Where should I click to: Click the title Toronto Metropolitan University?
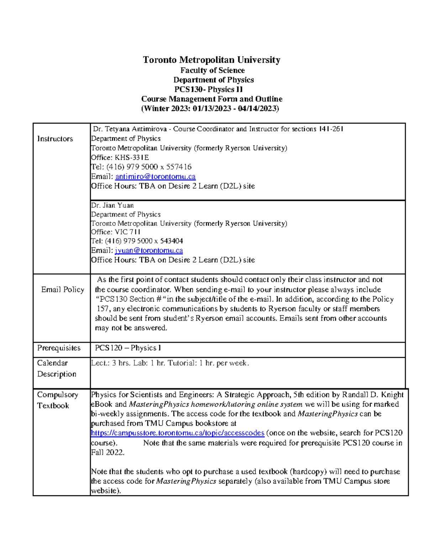(211, 60)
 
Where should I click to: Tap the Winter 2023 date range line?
(210, 109)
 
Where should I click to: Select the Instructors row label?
(55, 139)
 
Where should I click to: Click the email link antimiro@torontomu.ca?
(155, 177)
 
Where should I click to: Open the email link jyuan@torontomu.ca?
(149, 251)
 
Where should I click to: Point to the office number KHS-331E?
(131, 157)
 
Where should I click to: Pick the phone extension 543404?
(172, 241)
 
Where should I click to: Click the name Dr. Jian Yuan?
(112, 205)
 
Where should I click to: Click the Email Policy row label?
(63, 290)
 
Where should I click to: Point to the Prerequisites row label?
(59, 348)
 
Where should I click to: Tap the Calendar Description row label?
(56, 369)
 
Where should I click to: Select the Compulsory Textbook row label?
(57, 400)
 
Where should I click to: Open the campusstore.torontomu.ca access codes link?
(178, 433)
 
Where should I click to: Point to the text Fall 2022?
(107, 453)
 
